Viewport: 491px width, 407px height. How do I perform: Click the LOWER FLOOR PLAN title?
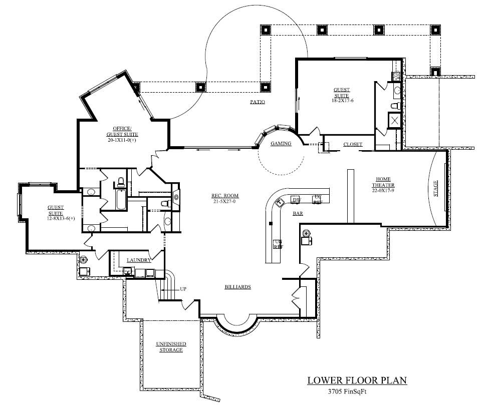click(x=357, y=380)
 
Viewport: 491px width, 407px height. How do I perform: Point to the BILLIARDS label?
click(x=237, y=287)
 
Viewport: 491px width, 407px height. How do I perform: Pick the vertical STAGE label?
click(x=435, y=189)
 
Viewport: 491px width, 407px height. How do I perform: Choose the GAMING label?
click(x=281, y=144)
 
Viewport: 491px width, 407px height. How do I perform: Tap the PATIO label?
click(x=257, y=102)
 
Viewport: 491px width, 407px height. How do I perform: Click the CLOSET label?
click(x=353, y=144)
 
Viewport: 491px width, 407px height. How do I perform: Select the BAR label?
click(x=298, y=213)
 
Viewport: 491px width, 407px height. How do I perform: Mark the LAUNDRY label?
click(x=139, y=260)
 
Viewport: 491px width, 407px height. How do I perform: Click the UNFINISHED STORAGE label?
click(x=170, y=347)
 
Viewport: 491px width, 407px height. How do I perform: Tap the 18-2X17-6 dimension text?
click(x=342, y=101)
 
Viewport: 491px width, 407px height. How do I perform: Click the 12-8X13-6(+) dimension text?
click(x=56, y=218)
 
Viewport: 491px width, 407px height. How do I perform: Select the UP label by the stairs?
click(x=183, y=289)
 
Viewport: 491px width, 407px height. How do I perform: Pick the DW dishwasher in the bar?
click(x=296, y=200)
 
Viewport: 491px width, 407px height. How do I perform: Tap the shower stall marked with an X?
click(x=393, y=121)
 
